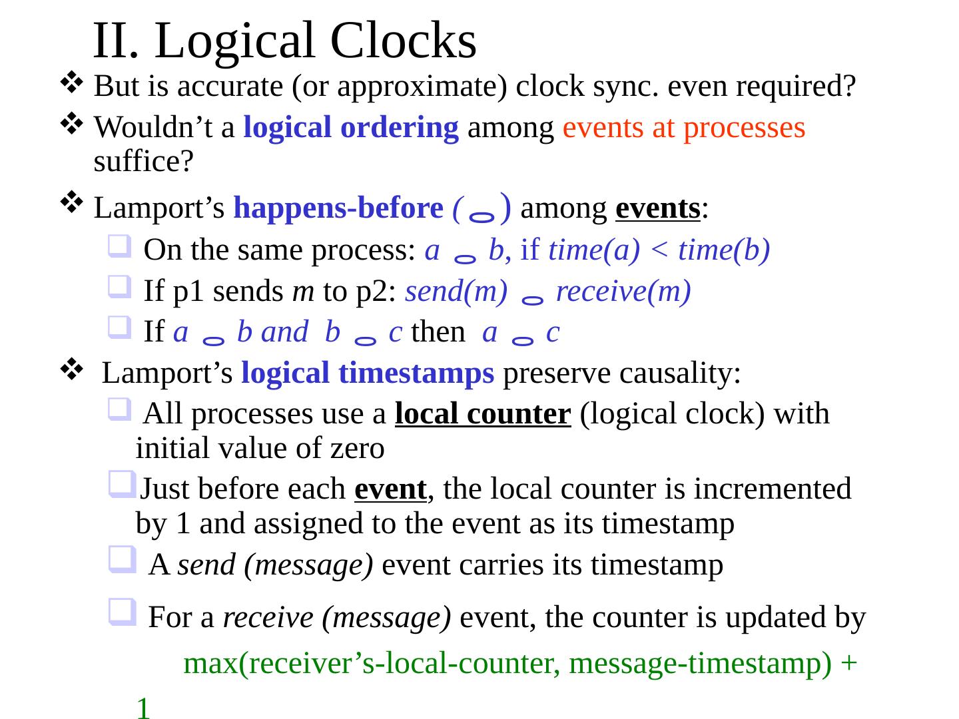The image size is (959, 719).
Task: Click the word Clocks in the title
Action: (403, 41)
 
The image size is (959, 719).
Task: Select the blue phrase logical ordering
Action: (351, 127)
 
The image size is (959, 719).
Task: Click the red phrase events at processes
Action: (684, 128)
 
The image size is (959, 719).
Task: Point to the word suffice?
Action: (144, 161)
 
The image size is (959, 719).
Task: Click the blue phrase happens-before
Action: (338, 208)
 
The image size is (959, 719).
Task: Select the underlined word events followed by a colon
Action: (657, 208)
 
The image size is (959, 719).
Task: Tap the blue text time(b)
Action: (724, 250)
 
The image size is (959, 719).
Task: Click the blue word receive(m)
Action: (623, 291)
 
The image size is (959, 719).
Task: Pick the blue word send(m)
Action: (456, 291)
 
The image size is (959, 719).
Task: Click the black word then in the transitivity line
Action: (438, 332)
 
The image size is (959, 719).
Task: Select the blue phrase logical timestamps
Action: (368, 373)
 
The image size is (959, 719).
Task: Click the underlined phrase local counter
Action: (483, 413)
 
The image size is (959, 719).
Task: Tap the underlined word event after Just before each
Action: (390, 489)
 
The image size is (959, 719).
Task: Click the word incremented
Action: (773, 489)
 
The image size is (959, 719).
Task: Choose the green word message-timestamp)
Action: (701, 663)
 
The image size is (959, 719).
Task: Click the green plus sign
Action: (848, 663)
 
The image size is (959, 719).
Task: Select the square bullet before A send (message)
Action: (123, 559)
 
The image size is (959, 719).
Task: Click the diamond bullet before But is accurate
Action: (72, 82)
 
